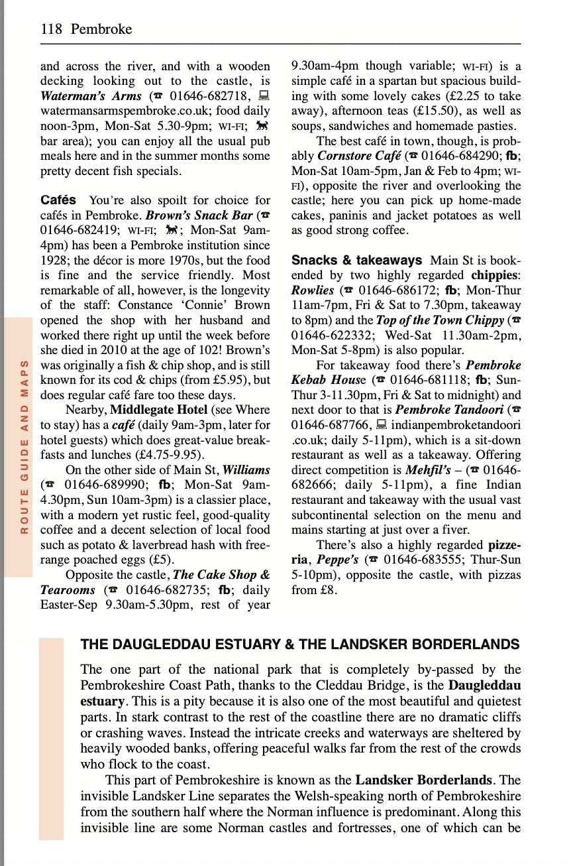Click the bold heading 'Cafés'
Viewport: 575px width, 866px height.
58,200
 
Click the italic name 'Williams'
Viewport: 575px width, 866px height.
246,470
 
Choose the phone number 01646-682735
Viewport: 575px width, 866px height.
166,590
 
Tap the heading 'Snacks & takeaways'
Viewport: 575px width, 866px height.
356,261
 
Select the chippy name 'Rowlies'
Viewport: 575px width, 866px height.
313,290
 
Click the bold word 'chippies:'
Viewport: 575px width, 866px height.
496,275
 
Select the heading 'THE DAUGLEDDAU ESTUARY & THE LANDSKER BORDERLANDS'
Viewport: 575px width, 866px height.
300,645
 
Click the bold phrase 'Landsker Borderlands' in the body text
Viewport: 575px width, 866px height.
422,780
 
